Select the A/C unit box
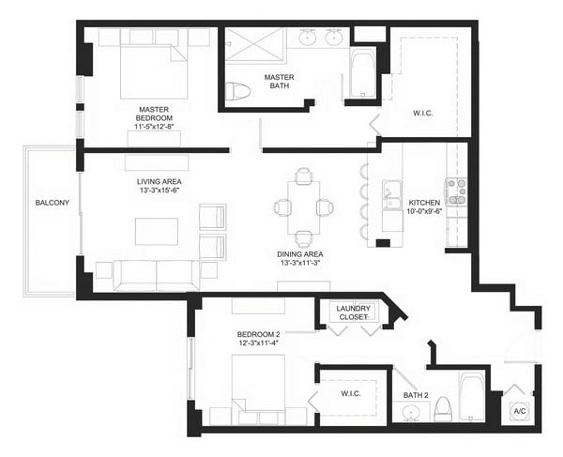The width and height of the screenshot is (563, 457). click(519, 410)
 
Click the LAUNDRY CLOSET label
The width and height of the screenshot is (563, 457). click(354, 312)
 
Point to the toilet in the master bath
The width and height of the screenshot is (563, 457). click(239, 91)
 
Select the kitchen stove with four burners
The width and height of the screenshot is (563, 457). click(456, 191)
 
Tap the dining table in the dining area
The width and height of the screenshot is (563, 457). click(301, 207)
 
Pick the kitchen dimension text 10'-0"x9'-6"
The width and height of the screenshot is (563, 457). click(423, 211)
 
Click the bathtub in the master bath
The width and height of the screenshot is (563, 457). click(363, 75)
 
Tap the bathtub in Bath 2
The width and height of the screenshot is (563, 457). click(471, 398)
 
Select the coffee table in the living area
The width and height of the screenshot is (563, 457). click(157, 230)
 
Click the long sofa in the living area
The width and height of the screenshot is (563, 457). click(157, 274)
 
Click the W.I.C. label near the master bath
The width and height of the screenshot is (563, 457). click(423, 115)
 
